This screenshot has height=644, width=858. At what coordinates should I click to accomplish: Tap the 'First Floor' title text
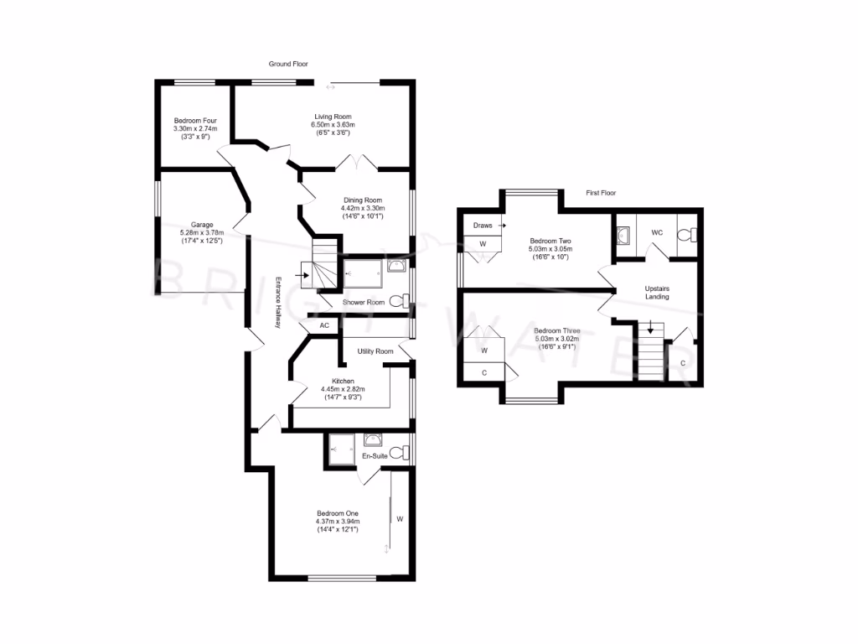point(601,193)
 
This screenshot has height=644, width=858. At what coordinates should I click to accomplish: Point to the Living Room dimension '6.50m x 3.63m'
point(333,125)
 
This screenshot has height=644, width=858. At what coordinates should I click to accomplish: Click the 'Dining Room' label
point(361,200)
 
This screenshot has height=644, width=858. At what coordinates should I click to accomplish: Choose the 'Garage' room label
point(201,225)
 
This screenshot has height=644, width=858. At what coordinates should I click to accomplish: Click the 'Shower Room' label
point(363,302)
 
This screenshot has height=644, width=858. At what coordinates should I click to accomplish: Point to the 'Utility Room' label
point(375,351)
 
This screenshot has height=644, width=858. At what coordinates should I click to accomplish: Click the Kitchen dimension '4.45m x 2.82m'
point(344,389)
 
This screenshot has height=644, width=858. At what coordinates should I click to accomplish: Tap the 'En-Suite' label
point(373,456)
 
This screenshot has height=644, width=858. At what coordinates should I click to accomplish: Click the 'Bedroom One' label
point(338,513)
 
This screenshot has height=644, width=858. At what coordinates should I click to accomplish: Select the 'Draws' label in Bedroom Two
point(483,226)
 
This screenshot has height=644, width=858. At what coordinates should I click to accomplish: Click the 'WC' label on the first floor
point(658,231)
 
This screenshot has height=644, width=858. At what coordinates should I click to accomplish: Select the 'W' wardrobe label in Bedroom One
point(400,519)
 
